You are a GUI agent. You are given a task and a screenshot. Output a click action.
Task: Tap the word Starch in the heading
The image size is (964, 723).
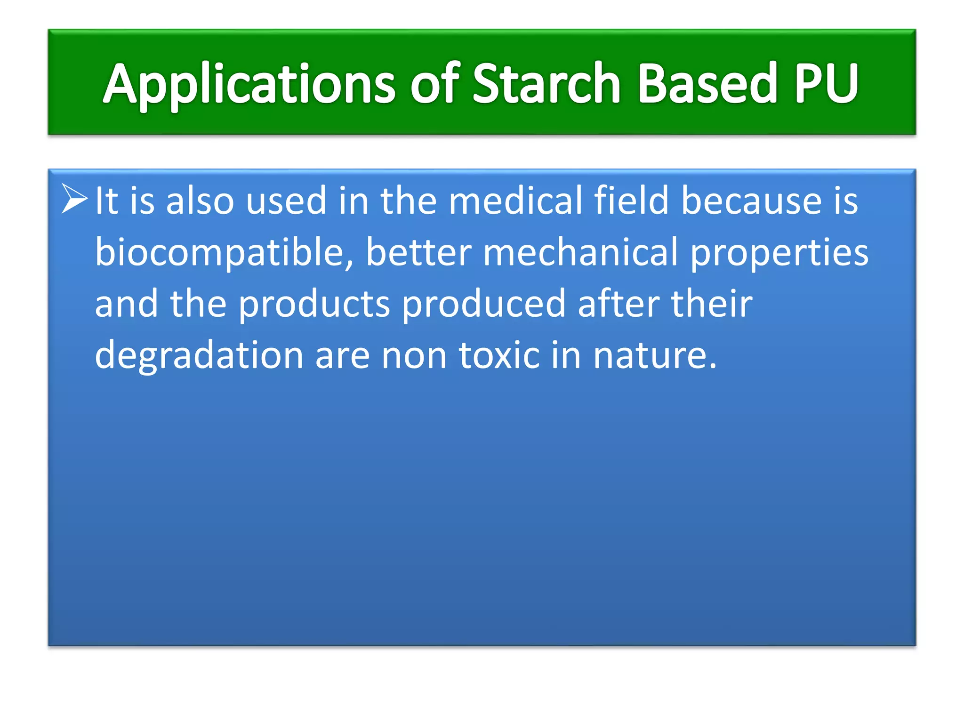click(546, 84)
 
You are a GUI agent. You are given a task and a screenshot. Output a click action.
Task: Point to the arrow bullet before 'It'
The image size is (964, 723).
click(74, 199)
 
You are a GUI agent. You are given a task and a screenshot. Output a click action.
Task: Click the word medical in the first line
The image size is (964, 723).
click(515, 201)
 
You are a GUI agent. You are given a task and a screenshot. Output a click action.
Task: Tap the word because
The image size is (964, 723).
click(751, 201)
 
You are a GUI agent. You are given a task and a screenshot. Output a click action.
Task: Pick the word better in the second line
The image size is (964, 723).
click(418, 253)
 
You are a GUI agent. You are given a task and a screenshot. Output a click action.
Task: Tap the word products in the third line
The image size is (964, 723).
click(314, 305)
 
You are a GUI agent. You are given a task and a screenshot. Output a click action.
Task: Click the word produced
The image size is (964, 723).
click(483, 305)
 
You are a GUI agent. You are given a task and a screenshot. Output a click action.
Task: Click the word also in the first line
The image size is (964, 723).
click(200, 201)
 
